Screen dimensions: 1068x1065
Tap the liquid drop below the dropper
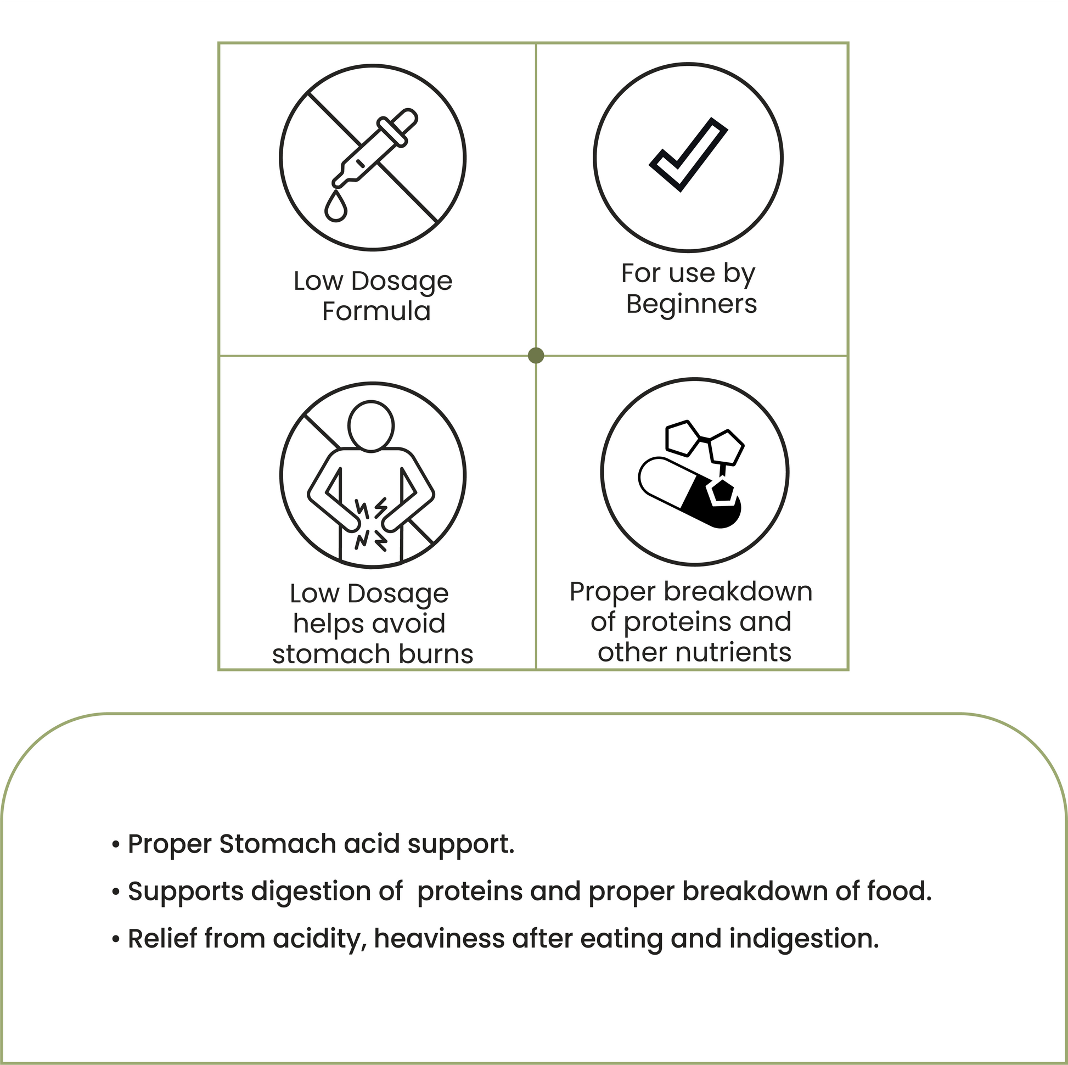pos(336,206)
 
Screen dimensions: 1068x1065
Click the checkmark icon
pos(688,155)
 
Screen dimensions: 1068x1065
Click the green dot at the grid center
pos(536,355)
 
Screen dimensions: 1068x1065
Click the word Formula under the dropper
pos(376,311)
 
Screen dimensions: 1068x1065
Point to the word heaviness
pos(440,939)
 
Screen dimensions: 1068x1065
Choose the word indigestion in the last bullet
pos(804,939)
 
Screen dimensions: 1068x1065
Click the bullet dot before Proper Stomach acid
pos(116,845)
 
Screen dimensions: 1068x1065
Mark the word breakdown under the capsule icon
pos(738,592)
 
